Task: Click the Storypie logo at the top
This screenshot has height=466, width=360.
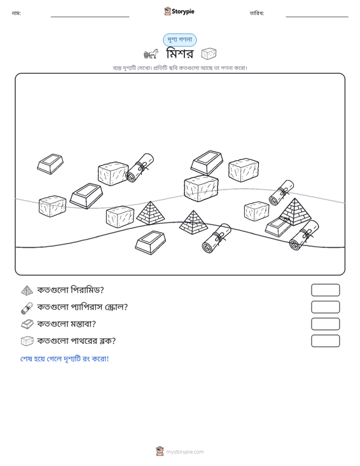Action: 179,11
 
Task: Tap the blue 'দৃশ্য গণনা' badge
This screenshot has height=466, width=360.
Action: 179,40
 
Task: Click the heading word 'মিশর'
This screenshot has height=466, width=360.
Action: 180,54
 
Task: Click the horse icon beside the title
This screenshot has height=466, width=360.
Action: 151,54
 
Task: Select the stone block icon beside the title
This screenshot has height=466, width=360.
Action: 209,54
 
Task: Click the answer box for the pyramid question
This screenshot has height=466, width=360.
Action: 325,290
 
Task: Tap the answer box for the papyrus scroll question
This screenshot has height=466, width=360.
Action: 325,307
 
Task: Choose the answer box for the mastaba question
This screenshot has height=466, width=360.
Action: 325,324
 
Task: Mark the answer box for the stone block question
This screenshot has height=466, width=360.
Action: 325,341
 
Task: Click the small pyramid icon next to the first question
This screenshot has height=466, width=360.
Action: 27,291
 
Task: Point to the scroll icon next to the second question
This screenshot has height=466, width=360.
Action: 27,308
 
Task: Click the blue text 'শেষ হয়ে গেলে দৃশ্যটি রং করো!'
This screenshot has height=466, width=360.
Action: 64,359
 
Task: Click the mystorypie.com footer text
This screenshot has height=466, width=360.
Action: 185,452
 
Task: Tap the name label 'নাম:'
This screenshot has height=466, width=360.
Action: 16,13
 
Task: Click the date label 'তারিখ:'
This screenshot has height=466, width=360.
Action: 257,13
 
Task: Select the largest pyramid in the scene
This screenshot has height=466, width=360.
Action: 295,212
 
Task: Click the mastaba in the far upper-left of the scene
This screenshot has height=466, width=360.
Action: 50,164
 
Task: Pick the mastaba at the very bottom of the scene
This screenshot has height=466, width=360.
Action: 150,242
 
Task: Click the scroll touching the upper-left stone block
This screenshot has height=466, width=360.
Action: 139,168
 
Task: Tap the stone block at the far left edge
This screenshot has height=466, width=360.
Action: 52,206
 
